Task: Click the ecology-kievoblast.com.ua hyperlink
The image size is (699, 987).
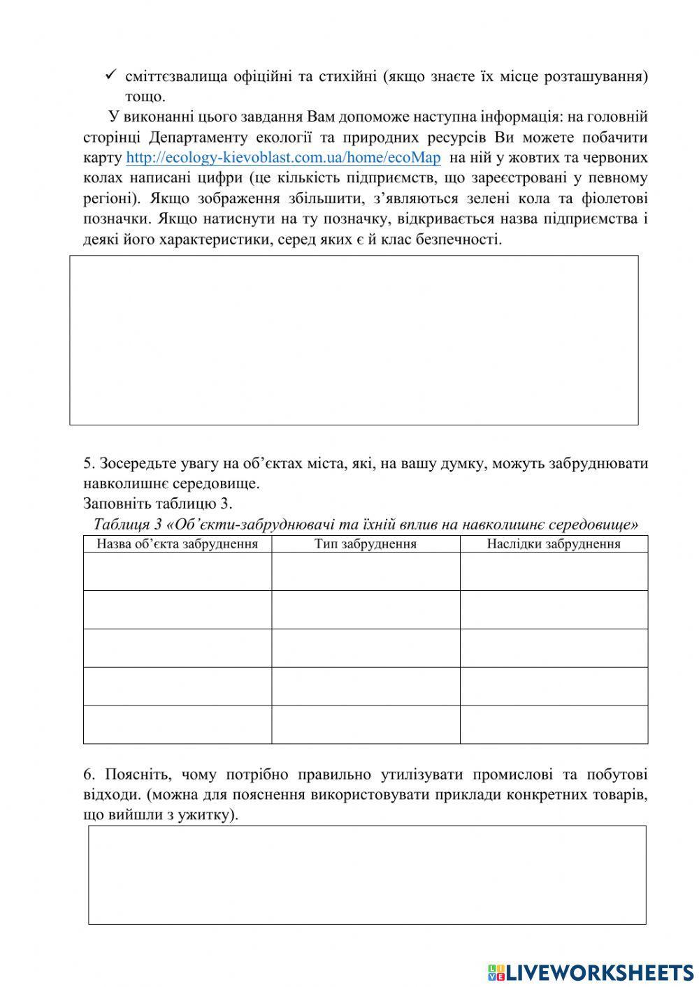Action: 283,157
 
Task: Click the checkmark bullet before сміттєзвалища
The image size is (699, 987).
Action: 110,75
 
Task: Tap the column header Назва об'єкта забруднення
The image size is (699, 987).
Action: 177,544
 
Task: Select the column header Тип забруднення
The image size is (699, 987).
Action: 365,544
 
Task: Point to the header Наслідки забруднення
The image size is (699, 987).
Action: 553,544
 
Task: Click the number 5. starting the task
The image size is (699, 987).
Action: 89,463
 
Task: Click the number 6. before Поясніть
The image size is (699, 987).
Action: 89,775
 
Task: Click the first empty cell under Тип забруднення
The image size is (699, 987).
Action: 365,571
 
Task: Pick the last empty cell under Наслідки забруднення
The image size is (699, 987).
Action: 553,724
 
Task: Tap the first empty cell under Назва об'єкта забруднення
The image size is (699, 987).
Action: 177,571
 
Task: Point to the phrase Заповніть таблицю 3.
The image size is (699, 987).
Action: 157,504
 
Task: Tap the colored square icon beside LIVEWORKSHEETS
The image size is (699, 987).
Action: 496,972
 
